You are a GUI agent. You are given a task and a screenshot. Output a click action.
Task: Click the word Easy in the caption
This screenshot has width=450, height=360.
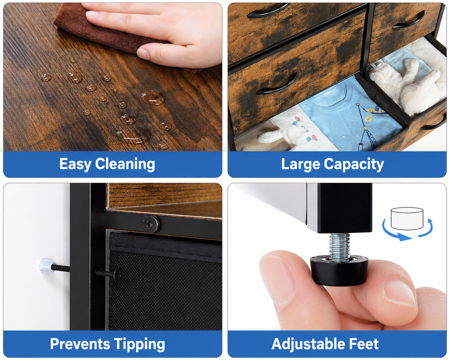(x=75, y=164)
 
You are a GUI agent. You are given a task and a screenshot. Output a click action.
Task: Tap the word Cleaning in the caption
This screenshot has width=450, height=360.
(x=125, y=164)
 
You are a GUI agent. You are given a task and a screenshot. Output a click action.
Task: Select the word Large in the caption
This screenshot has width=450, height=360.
(x=300, y=164)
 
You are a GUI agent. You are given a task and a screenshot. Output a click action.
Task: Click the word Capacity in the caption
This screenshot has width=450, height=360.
(x=354, y=164)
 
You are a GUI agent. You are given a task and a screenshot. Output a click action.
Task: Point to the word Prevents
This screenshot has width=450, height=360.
(x=80, y=344)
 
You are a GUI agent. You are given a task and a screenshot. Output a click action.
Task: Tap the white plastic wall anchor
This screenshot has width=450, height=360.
(x=46, y=265)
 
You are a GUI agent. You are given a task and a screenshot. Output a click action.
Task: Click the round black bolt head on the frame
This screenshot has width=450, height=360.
(x=151, y=225)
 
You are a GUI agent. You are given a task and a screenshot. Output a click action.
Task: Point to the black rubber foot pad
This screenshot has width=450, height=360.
(x=339, y=270)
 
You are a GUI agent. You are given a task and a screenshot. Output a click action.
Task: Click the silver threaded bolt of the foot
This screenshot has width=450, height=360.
(x=339, y=246)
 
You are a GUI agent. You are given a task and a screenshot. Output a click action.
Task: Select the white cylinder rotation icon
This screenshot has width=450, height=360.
(x=407, y=218)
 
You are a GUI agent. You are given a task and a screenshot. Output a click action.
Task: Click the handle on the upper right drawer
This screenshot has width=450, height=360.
(x=408, y=20)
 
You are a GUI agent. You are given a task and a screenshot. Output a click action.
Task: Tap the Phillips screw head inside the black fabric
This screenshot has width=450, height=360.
(x=117, y=274)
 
